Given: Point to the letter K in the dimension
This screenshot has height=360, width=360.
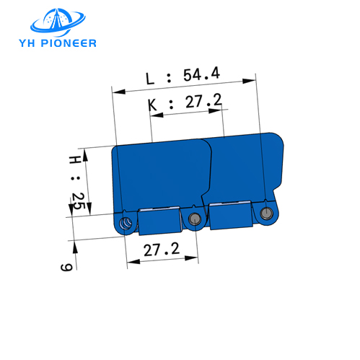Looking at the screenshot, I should [x=152, y=104].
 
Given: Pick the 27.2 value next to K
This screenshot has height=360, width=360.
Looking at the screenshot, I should [x=202, y=102].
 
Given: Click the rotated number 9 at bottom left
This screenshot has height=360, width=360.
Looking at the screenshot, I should [x=66, y=267].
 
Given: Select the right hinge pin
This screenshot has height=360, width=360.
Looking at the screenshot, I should [x=267, y=214].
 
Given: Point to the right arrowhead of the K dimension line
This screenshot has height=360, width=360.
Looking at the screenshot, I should [x=225, y=111].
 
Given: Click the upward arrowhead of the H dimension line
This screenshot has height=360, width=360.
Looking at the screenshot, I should [x=84, y=153].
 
